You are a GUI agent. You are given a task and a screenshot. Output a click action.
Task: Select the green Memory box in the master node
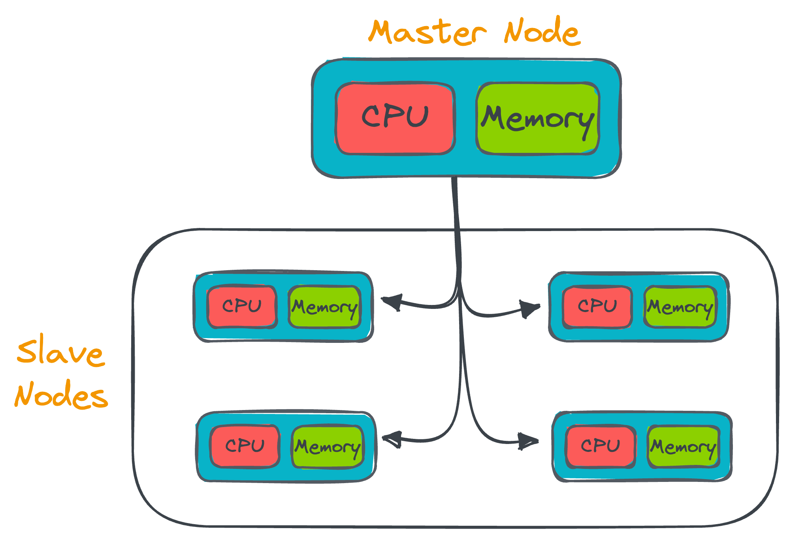tap(538, 118)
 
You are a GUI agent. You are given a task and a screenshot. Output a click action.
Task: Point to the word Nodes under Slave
tap(61, 395)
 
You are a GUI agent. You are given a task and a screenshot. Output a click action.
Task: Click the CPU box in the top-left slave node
tap(242, 307)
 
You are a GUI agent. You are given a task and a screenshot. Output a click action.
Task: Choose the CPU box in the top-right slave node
tap(597, 307)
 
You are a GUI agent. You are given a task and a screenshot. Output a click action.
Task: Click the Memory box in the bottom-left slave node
tap(328, 447)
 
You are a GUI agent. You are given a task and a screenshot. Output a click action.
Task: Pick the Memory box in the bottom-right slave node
tap(683, 447)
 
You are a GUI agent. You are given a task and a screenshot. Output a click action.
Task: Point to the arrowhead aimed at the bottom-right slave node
tap(529, 441)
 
